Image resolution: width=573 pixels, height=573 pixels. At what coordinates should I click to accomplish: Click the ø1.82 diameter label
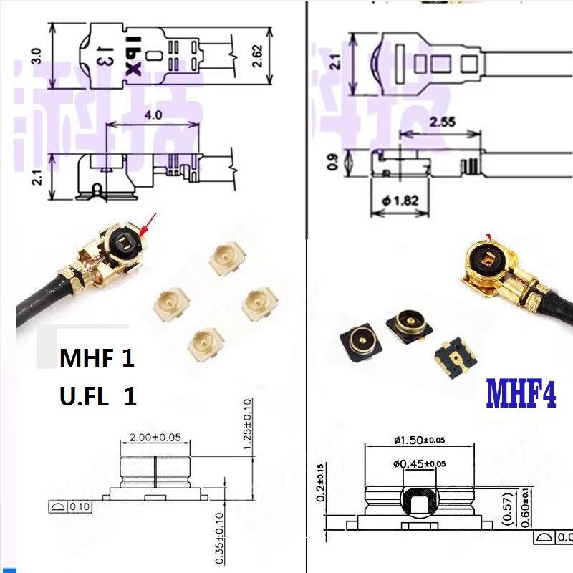tap(400, 201)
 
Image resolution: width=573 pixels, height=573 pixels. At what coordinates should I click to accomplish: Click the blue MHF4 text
tap(521, 393)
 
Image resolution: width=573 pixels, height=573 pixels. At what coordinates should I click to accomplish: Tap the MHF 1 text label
tap(96, 357)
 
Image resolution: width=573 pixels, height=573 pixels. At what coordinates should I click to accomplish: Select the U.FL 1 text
tap(97, 396)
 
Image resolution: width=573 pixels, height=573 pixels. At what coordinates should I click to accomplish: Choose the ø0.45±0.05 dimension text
tap(419, 463)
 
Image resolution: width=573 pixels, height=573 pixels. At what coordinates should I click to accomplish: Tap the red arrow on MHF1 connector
tap(149, 224)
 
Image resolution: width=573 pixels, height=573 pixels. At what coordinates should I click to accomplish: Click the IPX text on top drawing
tap(133, 56)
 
